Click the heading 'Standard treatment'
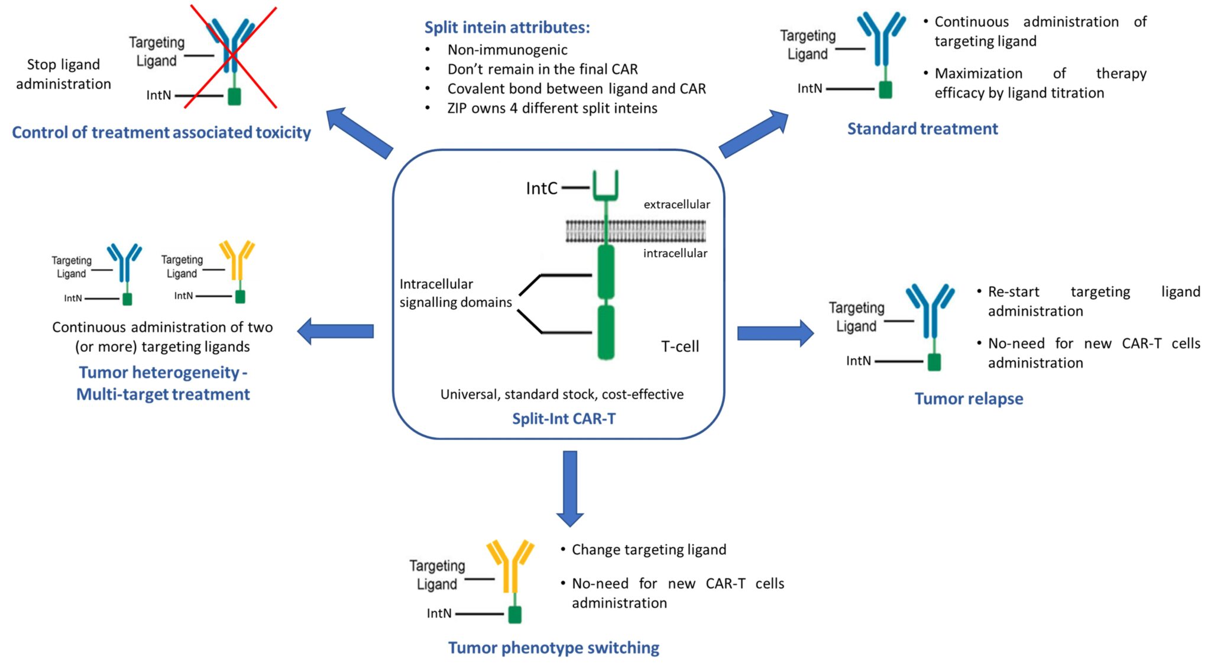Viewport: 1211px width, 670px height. pos(922,129)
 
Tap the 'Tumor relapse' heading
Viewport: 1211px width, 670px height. pos(969,399)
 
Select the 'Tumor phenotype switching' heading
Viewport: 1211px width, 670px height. pos(553,648)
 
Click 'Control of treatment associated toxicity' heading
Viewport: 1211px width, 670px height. pos(161,132)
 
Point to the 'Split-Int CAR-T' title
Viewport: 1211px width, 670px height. pos(564,419)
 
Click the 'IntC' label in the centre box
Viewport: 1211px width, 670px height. pos(542,189)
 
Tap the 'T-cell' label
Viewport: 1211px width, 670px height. pos(680,347)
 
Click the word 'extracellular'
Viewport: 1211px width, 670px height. pos(676,205)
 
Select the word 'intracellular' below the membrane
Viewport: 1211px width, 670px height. pos(675,253)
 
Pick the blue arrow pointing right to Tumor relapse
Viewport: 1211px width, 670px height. pos(775,333)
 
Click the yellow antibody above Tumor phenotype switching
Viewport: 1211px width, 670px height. pos(510,568)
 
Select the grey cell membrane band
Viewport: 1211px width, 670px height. pos(636,231)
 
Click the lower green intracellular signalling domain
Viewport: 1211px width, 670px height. pos(606,332)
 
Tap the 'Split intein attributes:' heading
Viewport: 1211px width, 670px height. pos(507,28)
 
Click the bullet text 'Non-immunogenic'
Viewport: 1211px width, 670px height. pos(507,50)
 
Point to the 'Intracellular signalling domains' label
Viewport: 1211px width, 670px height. pos(455,293)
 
